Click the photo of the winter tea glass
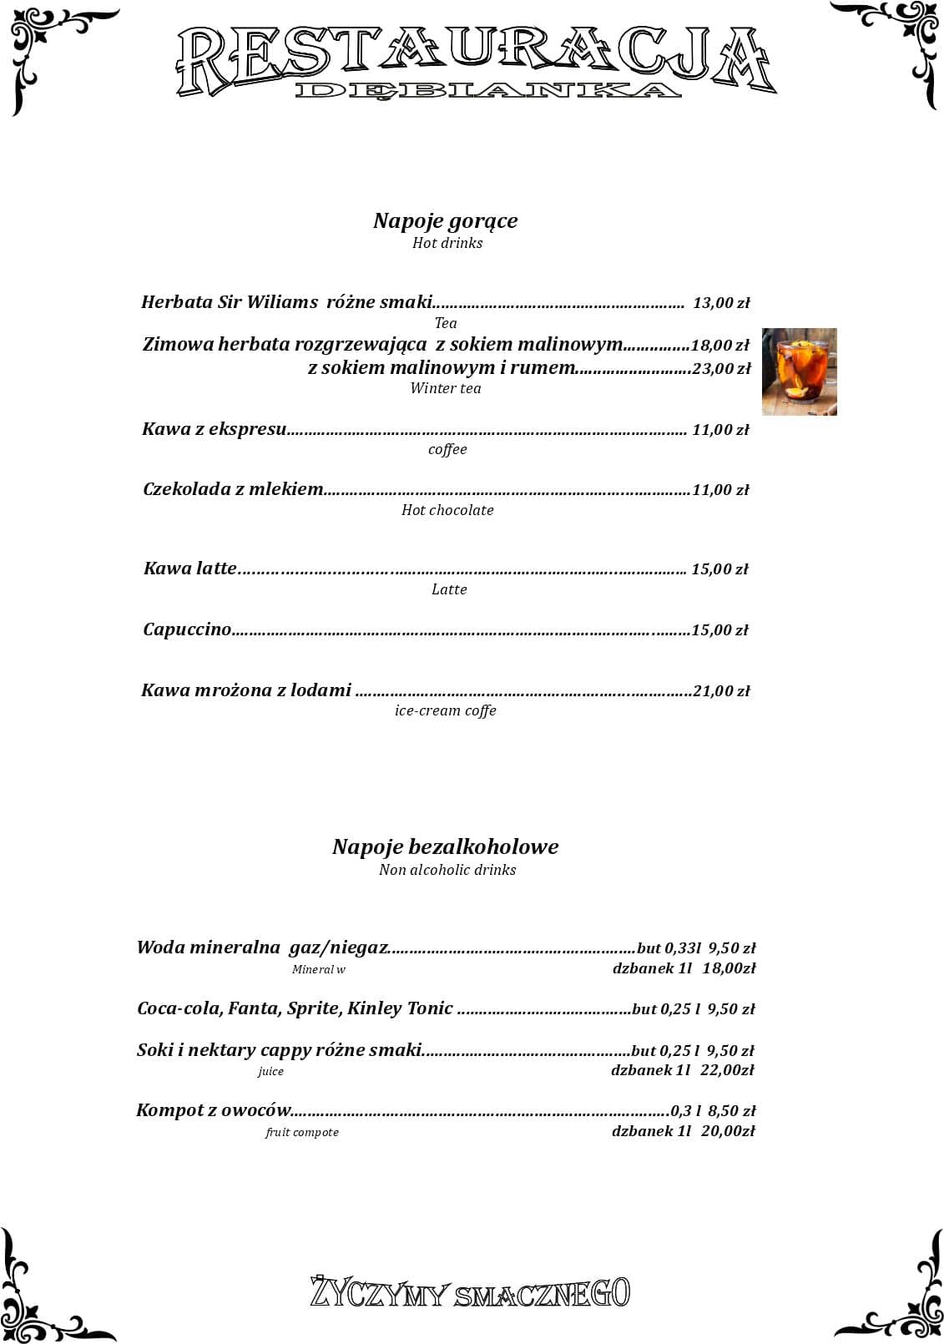coord(799,371)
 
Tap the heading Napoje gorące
coord(445,220)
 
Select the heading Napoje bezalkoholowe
coord(445,846)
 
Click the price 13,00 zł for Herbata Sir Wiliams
coord(721,303)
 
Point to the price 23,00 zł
coord(721,368)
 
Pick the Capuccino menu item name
coord(187,629)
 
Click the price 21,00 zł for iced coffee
coord(721,691)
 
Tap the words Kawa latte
coord(190,568)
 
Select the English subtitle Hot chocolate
coord(447,510)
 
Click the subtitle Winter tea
coord(446,388)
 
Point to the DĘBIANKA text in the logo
coord(487,90)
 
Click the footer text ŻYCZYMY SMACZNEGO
coord(471,1292)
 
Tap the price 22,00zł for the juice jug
coord(726,1070)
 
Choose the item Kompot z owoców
coord(214,1110)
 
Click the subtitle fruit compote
coord(302,1133)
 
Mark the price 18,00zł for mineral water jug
coord(729,968)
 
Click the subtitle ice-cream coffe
coord(446,711)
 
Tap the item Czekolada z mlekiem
coord(233,489)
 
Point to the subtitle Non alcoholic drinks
coord(447,870)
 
